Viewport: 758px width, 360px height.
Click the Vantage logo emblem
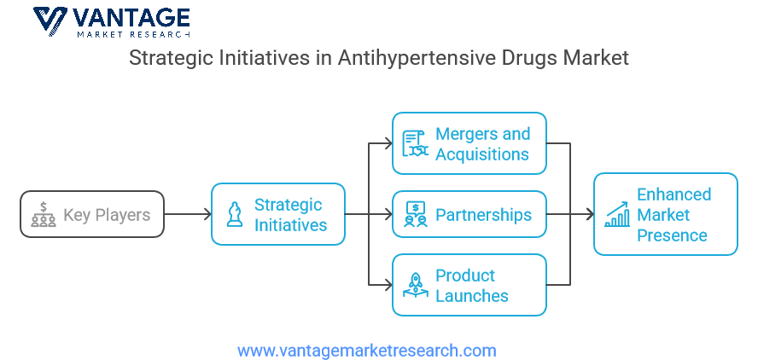(x=50, y=21)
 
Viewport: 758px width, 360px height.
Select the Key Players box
(x=92, y=214)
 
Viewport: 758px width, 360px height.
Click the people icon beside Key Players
(x=44, y=215)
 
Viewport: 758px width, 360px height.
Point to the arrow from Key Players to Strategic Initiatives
(x=188, y=214)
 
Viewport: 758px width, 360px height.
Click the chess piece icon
(x=235, y=215)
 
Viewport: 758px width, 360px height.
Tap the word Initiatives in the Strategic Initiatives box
(x=290, y=225)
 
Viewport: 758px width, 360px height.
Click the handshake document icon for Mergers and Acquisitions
(x=415, y=143)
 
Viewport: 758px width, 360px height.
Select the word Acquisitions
(x=482, y=154)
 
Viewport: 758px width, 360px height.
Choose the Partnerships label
(x=483, y=215)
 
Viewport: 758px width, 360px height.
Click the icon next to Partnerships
(x=416, y=215)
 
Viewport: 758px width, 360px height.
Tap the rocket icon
(x=416, y=285)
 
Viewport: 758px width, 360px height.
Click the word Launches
(x=472, y=295)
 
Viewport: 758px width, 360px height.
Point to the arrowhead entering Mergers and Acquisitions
(x=388, y=143)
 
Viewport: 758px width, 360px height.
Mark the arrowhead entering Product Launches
(x=388, y=285)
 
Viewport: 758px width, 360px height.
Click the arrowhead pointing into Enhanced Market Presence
(x=589, y=214)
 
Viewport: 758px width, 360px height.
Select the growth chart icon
(x=617, y=215)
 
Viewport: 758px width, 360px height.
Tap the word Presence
(x=672, y=235)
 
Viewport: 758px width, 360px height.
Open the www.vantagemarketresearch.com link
(x=367, y=350)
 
